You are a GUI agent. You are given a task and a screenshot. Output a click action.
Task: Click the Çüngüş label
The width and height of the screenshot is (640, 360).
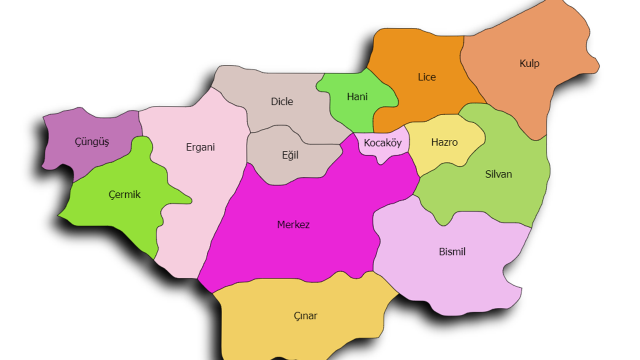tap(92, 142)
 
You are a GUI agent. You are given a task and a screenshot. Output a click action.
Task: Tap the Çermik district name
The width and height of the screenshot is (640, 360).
tap(124, 194)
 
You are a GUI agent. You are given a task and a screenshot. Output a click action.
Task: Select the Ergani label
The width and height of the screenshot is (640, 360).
tap(200, 147)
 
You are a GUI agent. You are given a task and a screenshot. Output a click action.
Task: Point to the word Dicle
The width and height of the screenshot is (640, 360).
tap(282, 101)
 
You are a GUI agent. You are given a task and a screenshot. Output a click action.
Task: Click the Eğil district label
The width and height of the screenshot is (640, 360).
tap(290, 155)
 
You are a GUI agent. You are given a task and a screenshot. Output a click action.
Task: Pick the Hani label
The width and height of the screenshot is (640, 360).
tap(357, 96)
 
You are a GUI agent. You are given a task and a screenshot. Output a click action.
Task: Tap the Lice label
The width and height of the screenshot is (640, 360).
tap(426, 77)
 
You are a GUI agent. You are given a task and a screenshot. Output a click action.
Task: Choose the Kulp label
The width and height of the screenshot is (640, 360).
tap(529, 63)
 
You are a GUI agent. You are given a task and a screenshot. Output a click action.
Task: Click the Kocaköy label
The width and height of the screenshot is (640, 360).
tap(382, 143)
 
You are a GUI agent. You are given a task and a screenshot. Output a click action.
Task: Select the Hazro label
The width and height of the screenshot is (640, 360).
tap(444, 142)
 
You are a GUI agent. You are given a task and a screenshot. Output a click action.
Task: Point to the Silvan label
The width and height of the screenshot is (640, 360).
tap(498, 174)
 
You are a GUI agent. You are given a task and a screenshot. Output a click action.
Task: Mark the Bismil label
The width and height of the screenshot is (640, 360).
tap(452, 252)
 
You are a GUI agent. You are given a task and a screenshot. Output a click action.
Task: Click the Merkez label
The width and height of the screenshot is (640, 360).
tap(293, 225)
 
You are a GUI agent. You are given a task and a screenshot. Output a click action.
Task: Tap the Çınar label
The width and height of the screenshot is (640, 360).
tap(305, 316)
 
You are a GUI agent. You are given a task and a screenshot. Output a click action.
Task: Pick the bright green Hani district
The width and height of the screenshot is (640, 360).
tap(350, 112)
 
